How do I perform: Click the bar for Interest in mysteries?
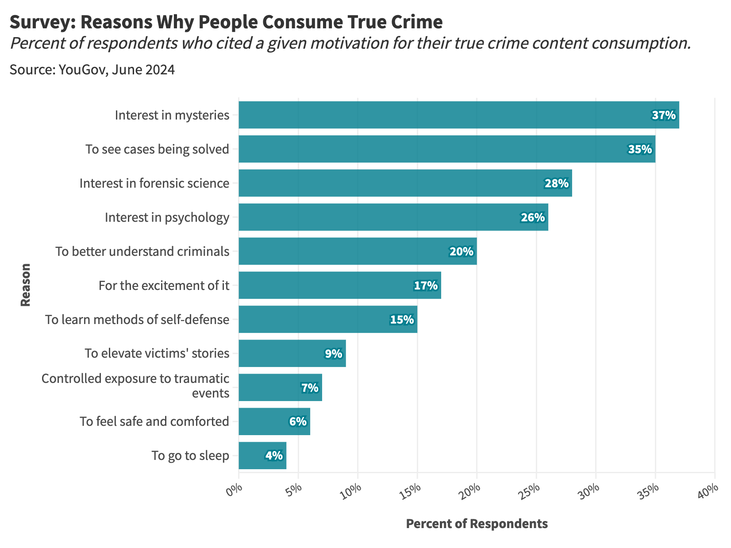click(x=458, y=115)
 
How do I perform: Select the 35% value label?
click(x=640, y=150)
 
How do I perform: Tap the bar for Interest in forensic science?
click(x=405, y=183)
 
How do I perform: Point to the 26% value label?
click(x=533, y=217)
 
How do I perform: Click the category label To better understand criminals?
click(x=142, y=251)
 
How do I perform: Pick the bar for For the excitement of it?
click(x=339, y=286)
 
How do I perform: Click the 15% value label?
click(x=402, y=320)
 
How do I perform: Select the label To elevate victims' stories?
click(x=157, y=353)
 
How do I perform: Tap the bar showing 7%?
click(x=280, y=388)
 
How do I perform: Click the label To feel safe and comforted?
click(x=154, y=421)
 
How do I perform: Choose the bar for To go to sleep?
click(x=262, y=455)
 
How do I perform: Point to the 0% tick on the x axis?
click(x=235, y=491)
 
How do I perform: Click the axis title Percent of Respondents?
click(x=477, y=524)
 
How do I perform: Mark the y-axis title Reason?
click(x=26, y=285)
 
